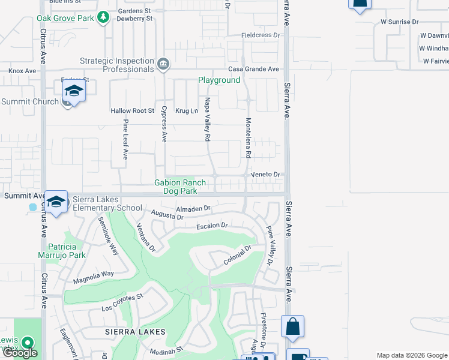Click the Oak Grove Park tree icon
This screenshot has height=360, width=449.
point(104,17)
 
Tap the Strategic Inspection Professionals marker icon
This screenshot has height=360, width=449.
point(163,64)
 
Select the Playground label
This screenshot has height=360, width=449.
point(219,80)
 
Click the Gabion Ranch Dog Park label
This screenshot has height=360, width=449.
point(180,187)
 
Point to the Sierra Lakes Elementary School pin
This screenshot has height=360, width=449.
point(56,202)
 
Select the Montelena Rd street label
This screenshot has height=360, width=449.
point(248,137)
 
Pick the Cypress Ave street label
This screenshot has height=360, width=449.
point(163,124)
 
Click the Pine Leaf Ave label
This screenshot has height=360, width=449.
point(125,139)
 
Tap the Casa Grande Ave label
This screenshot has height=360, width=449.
point(256,70)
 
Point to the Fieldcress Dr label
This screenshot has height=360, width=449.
point(261,35)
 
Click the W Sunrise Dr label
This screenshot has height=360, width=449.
point(399,22)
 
